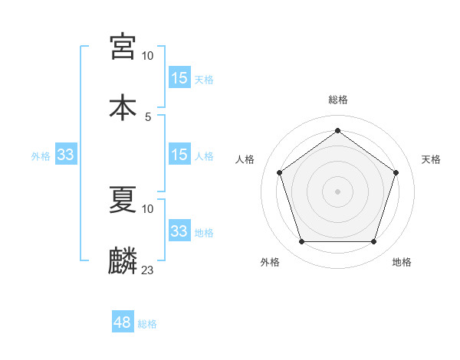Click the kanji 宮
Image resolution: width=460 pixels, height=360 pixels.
coord(123,47)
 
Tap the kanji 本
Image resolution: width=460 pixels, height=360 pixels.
coord(123,106)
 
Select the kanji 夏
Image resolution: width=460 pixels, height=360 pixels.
coord(123,201)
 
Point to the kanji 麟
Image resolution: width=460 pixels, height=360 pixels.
coord(123,260)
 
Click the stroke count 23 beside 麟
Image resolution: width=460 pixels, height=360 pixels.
coord(148,270)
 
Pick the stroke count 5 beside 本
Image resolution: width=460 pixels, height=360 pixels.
coord(148,116)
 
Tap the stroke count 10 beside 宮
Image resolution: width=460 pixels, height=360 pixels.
coord(148,56)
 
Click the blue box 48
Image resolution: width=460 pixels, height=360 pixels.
coord(123,322)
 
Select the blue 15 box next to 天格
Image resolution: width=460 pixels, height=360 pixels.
coord(179,77)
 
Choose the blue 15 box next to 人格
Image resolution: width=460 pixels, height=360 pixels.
coord(179,155)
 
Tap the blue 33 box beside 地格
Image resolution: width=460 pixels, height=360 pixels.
coord(179,231)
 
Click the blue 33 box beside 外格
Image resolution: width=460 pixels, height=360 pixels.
coord(66,155)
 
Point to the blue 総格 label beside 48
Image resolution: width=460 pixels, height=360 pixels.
coord(147,324)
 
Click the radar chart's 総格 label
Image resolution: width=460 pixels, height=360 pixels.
coord(338,100)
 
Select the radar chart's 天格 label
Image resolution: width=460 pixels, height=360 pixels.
coord(431,159)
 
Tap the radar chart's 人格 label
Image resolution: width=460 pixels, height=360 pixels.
coord(245,159)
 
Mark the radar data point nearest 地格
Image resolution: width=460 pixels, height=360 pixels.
coord(373,242)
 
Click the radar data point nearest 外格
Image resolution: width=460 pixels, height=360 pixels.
coord(301,242)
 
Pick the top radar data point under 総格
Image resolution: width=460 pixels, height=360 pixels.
coord(337,131)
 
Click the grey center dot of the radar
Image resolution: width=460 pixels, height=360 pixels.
coord(337,191)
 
